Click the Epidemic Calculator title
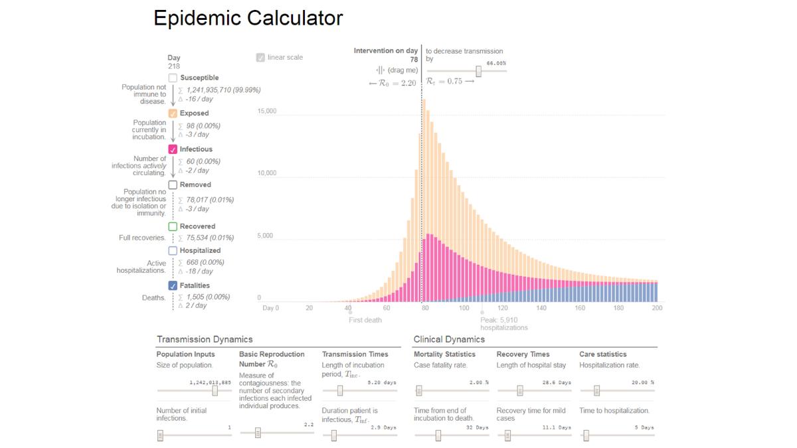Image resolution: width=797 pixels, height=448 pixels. (x=248, y=18)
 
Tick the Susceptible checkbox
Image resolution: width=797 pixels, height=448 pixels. (x=173, y=78)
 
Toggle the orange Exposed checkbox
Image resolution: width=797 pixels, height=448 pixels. (x=173, y=113)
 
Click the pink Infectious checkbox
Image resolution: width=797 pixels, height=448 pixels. (x=173, y=149)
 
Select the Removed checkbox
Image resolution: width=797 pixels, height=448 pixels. (x=173, y=185)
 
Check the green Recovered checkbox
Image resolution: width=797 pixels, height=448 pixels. (x=173, y=227)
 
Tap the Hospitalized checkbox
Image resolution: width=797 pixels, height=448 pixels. (x=173, y=251)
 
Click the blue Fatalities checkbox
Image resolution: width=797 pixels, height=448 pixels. (x=173, y=286)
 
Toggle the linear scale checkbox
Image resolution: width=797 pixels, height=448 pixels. (x=260, y=58)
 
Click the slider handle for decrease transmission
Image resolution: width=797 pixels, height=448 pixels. (x=478, y=72)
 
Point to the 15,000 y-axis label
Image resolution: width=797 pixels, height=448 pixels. (x=267, y=112)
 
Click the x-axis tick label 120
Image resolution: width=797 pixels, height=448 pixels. (x=503, y=308)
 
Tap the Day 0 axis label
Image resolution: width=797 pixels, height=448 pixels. (x=270, y=308)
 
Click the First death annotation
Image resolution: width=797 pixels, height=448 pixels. (x=365, y=320)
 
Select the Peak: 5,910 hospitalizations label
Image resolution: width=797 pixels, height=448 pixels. (x=503, y=324)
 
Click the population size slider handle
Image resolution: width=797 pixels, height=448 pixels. (x=215, y=390)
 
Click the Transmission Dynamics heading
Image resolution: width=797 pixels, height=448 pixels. (x=205, y=339)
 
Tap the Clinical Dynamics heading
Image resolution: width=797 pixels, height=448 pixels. (x=449, y=339)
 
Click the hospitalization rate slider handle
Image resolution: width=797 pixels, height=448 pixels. (x=596, y=390)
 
